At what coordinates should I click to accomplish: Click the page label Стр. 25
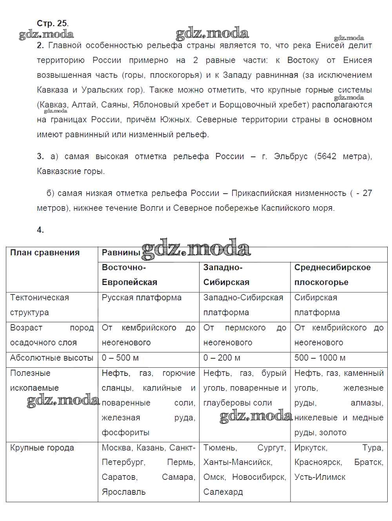[52, 24]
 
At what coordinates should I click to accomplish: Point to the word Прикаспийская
[260, 193]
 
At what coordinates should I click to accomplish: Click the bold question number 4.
[40, 230]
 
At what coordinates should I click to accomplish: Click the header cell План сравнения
[45, 253]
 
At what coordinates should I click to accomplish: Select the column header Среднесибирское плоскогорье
[332, 275]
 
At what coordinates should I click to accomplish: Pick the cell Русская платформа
[142, 298]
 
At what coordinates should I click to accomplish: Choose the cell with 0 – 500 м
[120, 358]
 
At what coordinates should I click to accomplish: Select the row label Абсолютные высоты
[52, 358]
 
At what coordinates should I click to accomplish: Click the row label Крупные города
[42, 448]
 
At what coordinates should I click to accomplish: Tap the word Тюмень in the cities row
[220, 448]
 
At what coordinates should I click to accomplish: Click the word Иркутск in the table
[310, 448]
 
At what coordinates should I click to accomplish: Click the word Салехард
[223, 492]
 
